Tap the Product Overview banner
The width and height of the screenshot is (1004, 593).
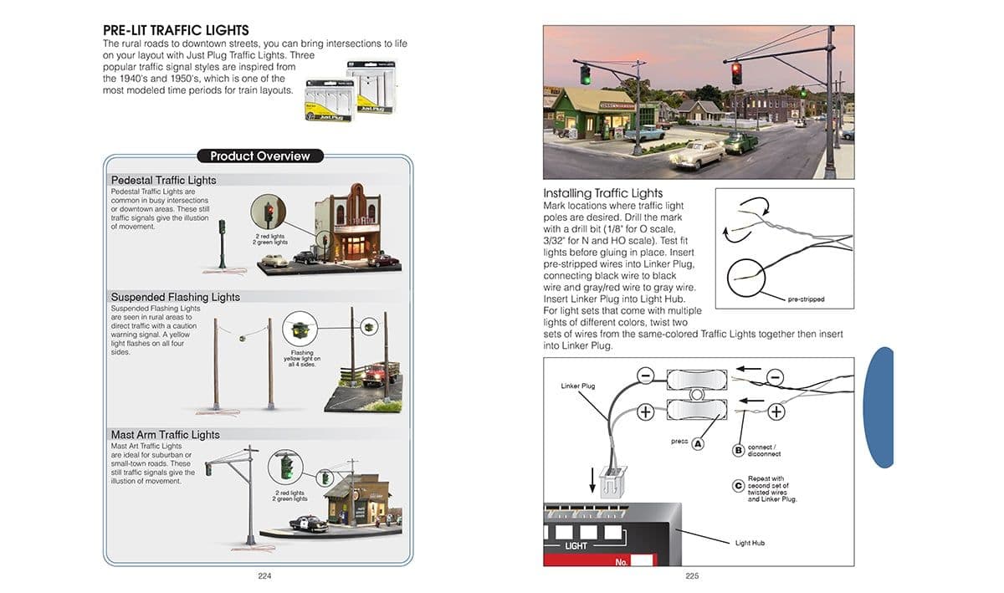point(259,156)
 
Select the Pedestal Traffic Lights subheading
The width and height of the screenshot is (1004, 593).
point(163,180)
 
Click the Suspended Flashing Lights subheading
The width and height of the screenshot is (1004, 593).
point(175,297)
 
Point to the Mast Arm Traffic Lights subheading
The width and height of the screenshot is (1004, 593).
point(165,435)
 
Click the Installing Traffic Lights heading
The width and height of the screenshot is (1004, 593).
point(602,193)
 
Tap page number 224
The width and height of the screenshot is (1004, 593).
point(265,575)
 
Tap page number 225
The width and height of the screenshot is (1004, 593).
point(692,575)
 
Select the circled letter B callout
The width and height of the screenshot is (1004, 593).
point(739,450)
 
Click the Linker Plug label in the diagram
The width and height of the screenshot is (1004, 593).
point(576,386)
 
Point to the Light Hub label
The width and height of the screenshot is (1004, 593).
point(749,543)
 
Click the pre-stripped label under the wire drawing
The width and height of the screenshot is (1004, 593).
point(806,299)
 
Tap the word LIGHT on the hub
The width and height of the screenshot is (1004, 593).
point(576,546)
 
